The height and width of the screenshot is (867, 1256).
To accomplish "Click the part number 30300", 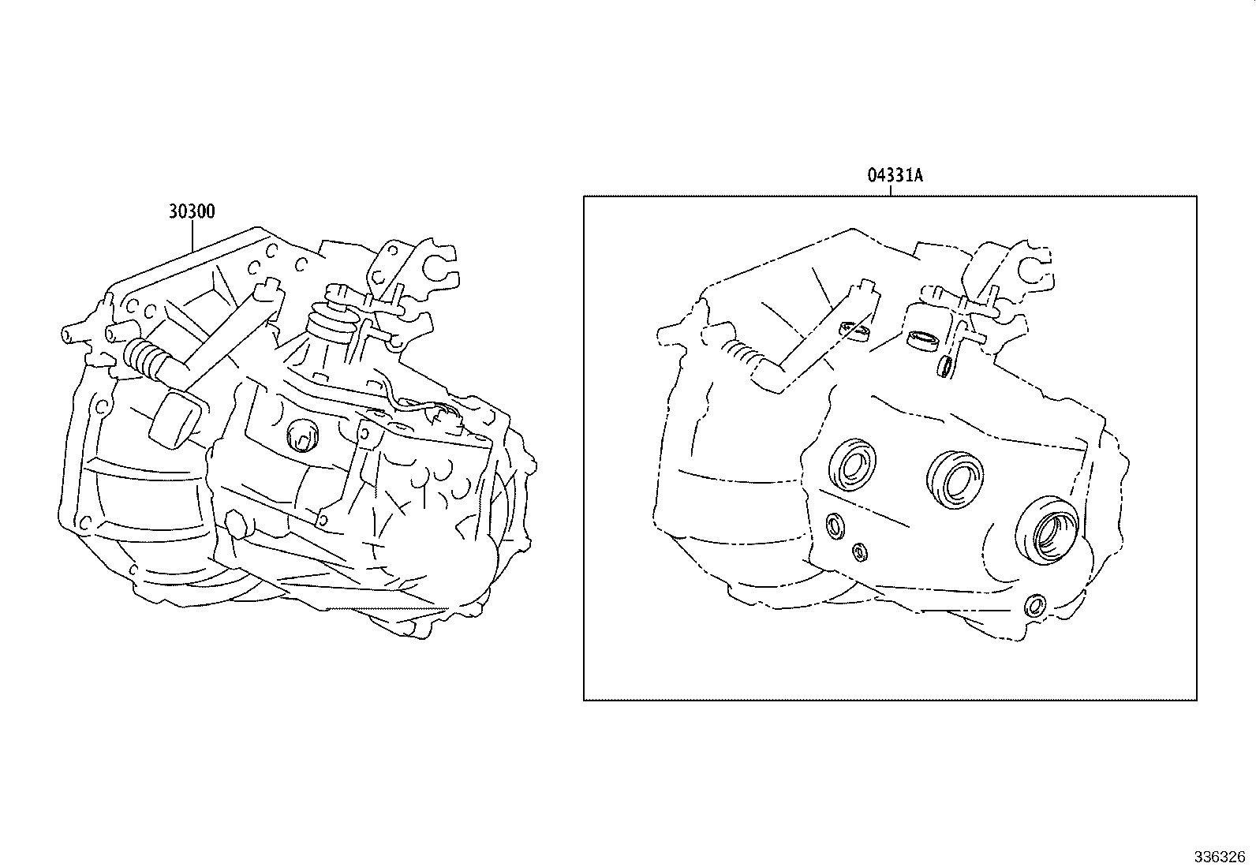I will coord(192,211).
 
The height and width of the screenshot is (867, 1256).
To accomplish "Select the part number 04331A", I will coord(895,175).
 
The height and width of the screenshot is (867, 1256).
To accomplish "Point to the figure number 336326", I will coord(1218,856).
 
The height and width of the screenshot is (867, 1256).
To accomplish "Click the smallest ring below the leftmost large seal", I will coord(859,551).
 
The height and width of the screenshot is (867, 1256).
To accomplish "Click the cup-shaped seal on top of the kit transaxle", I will coord(923,340).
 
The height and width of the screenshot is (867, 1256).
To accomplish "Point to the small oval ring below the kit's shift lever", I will coord(946,366).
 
